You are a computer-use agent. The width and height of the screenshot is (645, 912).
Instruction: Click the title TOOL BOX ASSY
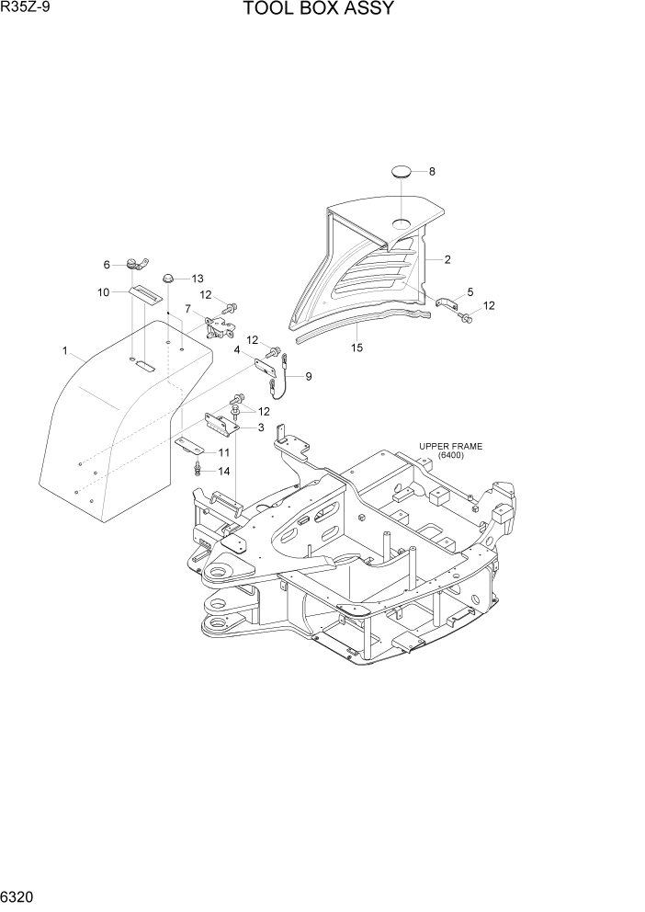pos(319,10)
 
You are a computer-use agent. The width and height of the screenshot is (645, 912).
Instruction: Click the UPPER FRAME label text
pos(450,447)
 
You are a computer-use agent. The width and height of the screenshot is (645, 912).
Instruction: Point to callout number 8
pos(432,172)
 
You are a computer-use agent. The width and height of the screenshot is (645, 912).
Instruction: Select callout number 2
pos(447,260)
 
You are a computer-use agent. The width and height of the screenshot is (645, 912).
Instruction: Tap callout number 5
pos(470,291)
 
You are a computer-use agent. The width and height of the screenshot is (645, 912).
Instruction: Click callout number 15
pos(357,348)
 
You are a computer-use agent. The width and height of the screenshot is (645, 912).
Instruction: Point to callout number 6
pos(107,265)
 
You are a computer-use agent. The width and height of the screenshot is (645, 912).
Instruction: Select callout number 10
pos(104,292)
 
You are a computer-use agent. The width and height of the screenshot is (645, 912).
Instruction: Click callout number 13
pos(197,279)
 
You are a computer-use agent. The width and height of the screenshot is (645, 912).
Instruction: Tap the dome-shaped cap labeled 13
pos(169,278)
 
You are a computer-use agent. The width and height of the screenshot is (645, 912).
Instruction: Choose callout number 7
pos(188,309)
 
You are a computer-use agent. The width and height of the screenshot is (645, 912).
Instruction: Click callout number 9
pos(309,376)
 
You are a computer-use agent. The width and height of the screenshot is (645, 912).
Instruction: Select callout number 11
pos(223,453)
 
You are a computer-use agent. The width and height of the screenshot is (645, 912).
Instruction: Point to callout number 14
pos(223,471)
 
